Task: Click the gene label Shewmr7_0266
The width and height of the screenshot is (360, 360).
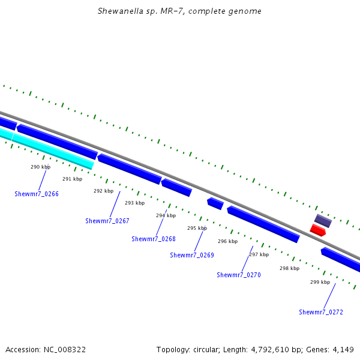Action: [x=37, y=194]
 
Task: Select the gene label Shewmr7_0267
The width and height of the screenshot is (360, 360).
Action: [x=107, y=221]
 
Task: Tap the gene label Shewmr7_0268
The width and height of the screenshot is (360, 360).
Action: [x=154, y=239]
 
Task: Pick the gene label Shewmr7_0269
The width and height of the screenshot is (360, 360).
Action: [x=192, y=255]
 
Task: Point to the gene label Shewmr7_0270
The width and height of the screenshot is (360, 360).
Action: [x=239, y=275]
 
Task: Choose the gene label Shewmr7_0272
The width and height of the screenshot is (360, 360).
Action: [x=321, y=312]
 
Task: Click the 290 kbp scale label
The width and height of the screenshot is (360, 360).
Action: [x=40, y=167]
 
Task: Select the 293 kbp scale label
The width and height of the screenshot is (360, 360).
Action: [x=134, y=203]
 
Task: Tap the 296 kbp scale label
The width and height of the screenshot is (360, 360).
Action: [x=227, y=241]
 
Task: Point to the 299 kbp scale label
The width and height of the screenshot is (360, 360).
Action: [x=320, y=282]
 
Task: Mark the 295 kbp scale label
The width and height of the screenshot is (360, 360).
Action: [x=197, y=228]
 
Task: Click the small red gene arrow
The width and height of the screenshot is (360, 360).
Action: [x=317, y=230]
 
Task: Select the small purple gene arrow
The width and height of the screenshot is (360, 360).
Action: [x=323, y=221]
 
